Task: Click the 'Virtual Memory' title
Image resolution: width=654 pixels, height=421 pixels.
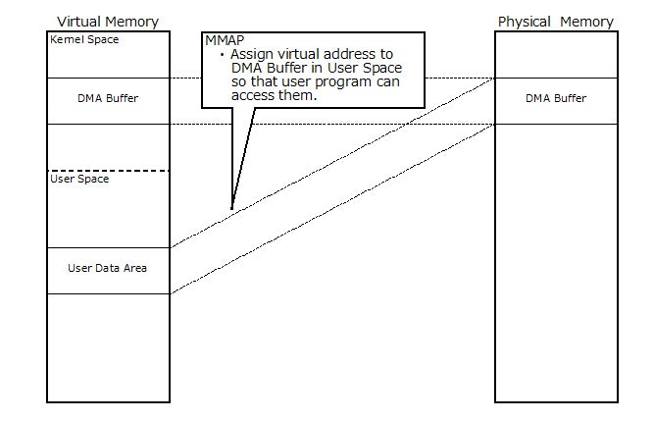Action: [108, 22]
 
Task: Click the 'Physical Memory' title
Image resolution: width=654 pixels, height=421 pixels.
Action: [556, 22]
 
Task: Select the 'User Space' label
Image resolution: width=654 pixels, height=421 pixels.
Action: [78, 179]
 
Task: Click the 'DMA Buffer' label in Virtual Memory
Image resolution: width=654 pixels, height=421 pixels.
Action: [108, 98]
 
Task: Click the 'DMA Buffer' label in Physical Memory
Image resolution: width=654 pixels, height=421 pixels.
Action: [556, 98]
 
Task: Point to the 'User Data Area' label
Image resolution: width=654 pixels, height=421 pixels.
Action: [108, 267]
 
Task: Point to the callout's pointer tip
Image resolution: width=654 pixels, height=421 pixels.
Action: [231, 208]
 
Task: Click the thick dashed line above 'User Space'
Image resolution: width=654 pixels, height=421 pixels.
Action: [108, 171]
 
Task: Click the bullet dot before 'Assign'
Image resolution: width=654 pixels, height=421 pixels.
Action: [223, 56]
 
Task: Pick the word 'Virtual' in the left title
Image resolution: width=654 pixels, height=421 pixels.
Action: [79, 22]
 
